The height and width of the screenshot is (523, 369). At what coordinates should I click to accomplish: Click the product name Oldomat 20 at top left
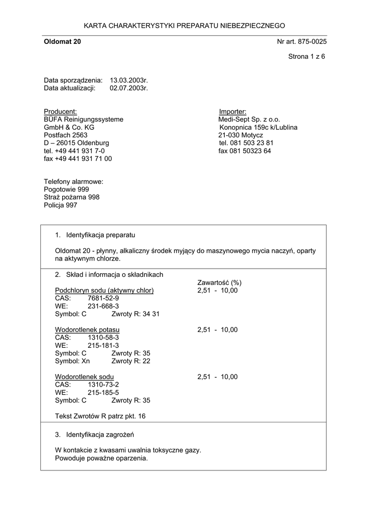click(62, 41)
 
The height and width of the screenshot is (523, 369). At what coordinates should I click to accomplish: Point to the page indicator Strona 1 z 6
click(306, 57)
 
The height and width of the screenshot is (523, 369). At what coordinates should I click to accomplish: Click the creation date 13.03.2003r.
click(128, 80)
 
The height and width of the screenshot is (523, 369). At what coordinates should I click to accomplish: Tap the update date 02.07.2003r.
click(128, 88)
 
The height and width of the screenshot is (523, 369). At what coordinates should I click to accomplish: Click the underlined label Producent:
click(60, 111)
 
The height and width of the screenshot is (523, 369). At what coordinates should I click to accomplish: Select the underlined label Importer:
click(232, 111)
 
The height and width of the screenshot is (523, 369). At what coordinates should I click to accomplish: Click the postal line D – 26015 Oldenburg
click(76, 143)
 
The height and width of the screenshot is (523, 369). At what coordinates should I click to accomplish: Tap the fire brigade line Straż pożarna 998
click(71, 197)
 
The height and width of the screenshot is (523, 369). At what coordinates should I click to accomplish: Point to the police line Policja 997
click(61, 205)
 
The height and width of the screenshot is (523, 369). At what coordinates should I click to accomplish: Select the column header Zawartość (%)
click(219, 282)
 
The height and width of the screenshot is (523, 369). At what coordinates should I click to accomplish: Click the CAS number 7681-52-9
click(103, 298)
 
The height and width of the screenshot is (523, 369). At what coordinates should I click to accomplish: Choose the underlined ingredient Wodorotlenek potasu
click(87, 330)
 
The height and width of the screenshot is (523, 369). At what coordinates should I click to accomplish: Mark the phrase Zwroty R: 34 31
click(135, 314)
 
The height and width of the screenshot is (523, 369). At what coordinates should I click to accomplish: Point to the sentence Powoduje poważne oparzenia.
click(101, 458)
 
